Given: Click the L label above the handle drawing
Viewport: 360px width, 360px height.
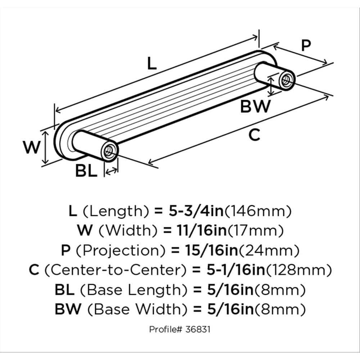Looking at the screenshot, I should coord(152,64).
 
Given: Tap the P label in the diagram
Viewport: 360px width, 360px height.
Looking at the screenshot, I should coord(305,46).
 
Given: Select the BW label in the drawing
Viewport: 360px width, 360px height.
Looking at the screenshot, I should coord(255,107).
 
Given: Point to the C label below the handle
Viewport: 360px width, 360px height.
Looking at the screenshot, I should coord(254,135).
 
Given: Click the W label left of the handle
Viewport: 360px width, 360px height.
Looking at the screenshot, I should coord(31,148).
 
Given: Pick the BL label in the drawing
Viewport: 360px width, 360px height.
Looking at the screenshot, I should coord(86,171).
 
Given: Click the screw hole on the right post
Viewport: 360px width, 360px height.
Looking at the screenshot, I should coord(287,79).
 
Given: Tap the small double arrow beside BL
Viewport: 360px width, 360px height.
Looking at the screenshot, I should coord(111,172).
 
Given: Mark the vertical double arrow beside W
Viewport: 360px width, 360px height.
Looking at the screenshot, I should coord(45,148).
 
